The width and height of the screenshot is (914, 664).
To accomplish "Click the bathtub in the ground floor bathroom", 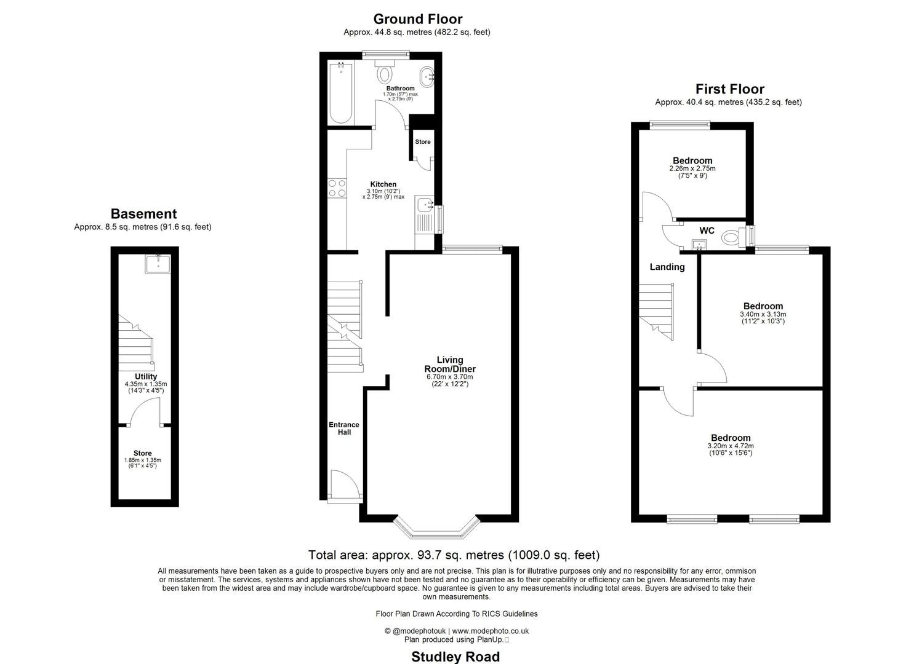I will [340, 93].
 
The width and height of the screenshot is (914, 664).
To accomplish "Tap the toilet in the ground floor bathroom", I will [385, 73].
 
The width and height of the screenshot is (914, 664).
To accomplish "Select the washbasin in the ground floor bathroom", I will [426, 77].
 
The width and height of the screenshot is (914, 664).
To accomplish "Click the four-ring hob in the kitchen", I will [337, 188].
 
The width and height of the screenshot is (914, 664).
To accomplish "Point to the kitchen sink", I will [425, 205].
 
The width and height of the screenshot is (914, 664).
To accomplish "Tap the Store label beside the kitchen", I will [423, 142].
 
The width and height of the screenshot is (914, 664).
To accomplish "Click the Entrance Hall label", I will [344, 429].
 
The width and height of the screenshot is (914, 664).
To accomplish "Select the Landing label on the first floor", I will [667, 267].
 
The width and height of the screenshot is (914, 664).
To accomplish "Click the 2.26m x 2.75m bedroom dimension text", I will [692, 168].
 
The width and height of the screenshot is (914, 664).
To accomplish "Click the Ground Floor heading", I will [417, 19].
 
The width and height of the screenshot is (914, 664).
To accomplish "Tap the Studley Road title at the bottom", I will [455, 657].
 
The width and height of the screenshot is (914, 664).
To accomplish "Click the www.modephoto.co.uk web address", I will [491, 631].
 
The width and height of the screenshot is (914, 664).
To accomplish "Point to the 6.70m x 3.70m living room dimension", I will [449, 377].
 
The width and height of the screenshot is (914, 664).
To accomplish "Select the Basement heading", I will [143, 214].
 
